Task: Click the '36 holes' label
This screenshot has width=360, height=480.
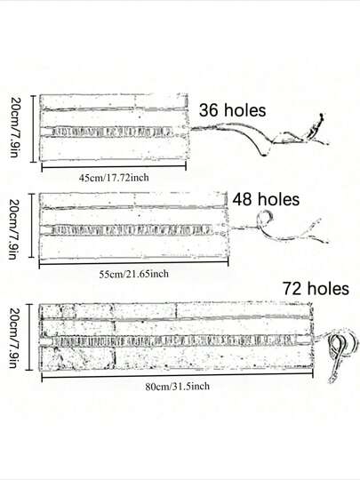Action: coord(232,110)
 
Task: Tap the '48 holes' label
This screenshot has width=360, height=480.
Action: coord(266,200)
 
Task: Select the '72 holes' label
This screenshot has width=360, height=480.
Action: coord(316,288)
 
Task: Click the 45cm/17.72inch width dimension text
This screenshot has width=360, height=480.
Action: coord(114,178)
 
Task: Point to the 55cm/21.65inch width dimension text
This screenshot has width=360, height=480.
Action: coord(133,274)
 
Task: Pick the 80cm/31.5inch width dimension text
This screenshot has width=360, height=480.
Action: coord(178,387)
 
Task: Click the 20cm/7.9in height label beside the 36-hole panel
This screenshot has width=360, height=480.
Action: coord(14,127)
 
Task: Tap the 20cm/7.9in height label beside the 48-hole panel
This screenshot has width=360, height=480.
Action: coord(13,229)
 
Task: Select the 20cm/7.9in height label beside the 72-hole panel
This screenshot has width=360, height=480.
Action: coord(13,338)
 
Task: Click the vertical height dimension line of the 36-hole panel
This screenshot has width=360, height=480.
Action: coord(34,129)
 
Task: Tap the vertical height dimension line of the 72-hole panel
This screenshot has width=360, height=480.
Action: coord(29,337)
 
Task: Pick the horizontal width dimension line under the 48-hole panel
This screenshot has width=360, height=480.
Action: coord(133,263)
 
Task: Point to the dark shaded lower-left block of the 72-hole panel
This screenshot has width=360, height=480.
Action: coord(77,358)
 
